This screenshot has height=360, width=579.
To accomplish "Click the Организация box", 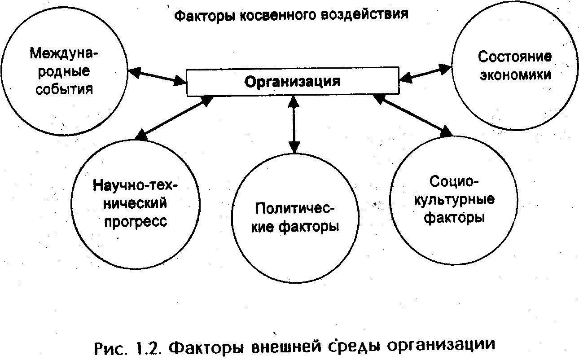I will [292, 83].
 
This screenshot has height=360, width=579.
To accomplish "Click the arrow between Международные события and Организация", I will [157, 76].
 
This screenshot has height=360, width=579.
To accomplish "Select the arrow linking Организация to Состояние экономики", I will [425, 73].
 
